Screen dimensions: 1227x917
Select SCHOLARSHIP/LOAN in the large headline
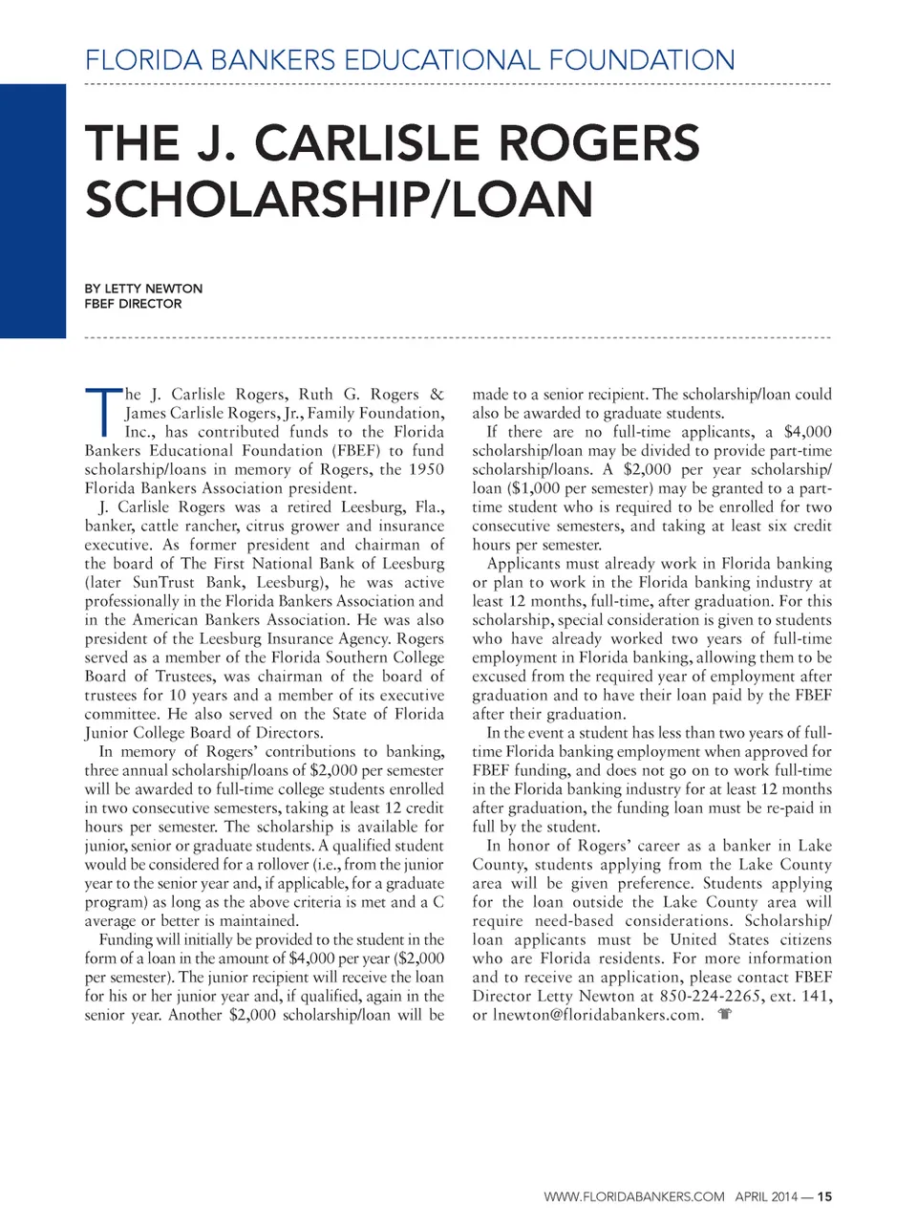(x=339, y=199)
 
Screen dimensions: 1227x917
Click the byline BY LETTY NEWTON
(x=143, y=288)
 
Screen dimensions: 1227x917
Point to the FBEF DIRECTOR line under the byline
(x=133, y=304)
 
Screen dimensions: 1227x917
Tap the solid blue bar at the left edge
(x=32, y=210)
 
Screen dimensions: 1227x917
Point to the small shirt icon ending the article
(x=724, y=1015)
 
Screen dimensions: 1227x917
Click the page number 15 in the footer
(x=825, y=1196)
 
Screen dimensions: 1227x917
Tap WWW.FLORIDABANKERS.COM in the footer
(x=634, y=1196)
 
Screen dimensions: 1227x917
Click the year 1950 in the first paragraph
(x=426, y=469)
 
